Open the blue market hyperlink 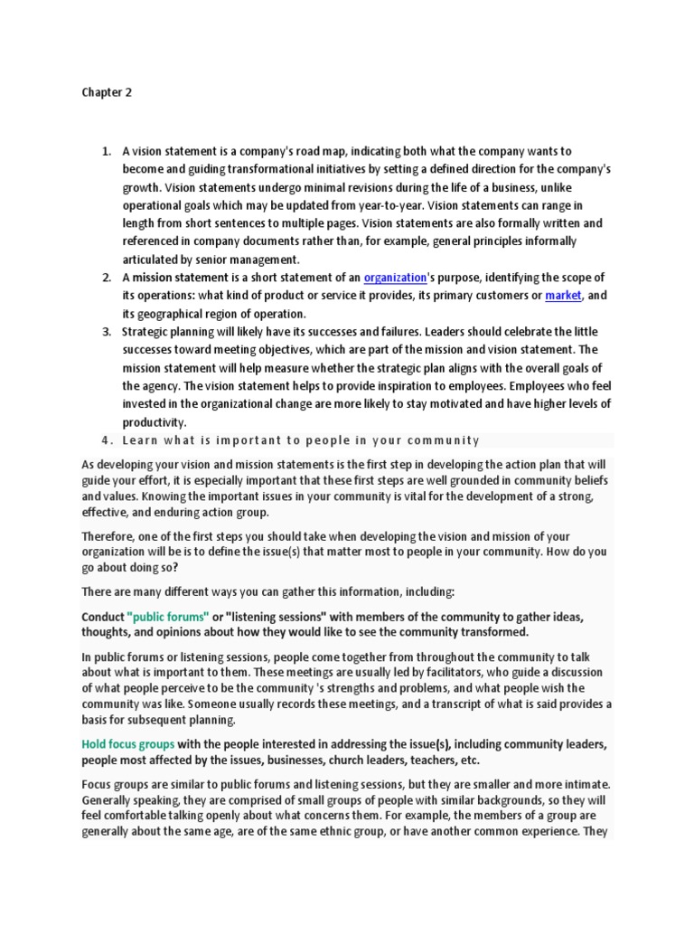click(x=564, y=296)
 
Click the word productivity click(x=153, y=421)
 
